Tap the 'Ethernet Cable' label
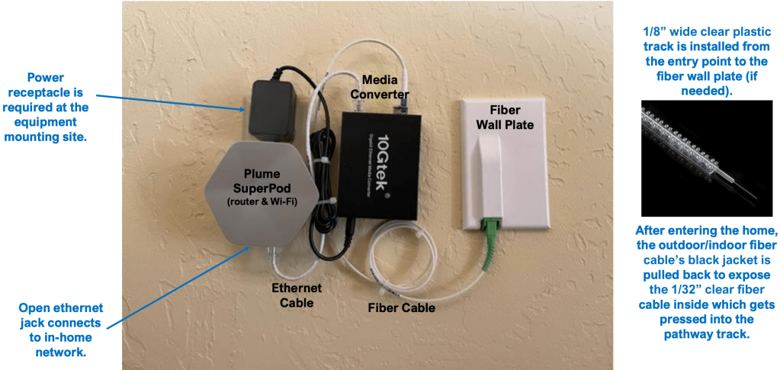(297, 296)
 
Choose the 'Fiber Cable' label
(401, 307)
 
